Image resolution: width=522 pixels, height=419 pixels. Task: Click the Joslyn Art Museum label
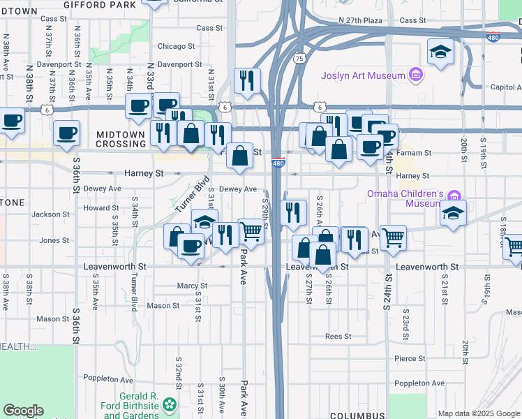(363, 75)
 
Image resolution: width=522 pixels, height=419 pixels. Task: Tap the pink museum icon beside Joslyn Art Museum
(416, 75)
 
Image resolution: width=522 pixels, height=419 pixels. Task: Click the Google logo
(23, 411)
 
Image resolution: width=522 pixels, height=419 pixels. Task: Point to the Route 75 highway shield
(299, 59)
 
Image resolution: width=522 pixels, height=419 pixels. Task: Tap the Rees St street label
(338, 336)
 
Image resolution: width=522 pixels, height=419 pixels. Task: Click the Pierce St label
(410, 358)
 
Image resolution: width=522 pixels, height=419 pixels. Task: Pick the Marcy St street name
(193, 286)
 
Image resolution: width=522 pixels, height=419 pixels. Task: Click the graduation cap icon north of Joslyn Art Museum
(440, 52)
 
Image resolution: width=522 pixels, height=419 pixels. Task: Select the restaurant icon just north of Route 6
(247, 81)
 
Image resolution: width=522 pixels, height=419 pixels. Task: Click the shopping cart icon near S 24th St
(394, 237)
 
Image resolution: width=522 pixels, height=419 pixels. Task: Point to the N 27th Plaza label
(361, 20)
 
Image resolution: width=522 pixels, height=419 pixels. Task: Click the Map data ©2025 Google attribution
(478, 413)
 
